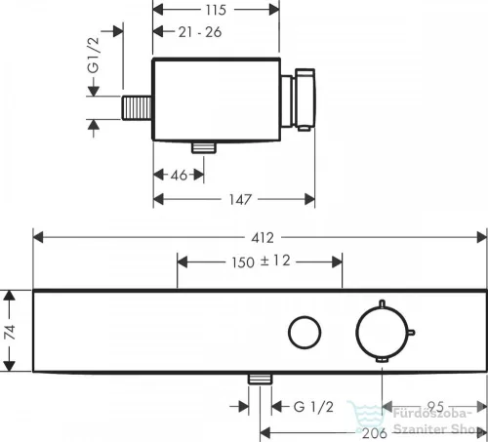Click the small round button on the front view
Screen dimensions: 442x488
(305, 330)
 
